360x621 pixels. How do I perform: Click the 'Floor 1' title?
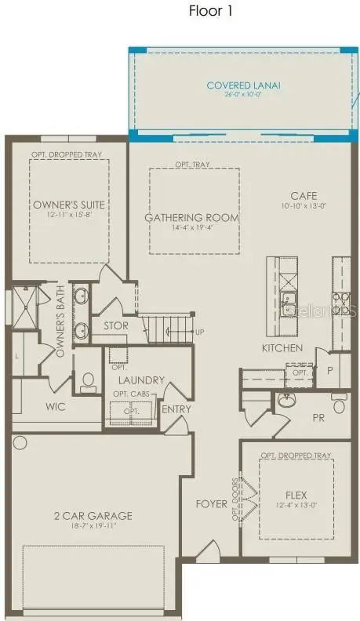tap(211, 11)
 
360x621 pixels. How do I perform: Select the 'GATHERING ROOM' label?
tap(191, 217)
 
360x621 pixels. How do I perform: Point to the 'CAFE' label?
tap(303, 196)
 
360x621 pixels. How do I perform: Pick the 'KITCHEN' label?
tap(282, 347)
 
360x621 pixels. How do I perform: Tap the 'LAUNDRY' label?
tap(142, 380)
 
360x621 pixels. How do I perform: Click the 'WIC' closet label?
tap(55, 407)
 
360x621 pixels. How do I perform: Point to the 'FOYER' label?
tap(212, 503)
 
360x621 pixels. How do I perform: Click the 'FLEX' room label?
tap(296, 495)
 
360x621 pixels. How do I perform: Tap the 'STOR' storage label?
tap(116, 326)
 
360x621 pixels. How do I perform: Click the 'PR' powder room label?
tap(318, 418)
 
